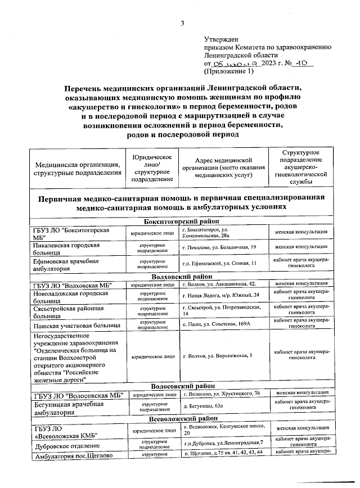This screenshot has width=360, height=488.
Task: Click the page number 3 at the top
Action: [x=182, y=23]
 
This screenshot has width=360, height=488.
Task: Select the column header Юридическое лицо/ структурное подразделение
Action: [x=152, y=168]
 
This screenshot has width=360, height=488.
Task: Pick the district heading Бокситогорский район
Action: [x=181, y=222]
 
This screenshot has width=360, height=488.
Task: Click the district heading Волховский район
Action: [x=181, y=276]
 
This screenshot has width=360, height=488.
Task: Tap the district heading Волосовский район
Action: [x=181, y=386]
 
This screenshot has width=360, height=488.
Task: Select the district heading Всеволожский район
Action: [x=181, y=419]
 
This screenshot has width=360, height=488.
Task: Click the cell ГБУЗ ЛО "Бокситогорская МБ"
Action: [x=70, y=234]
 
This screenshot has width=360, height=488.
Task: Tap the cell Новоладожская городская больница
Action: [x=70, y=297]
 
